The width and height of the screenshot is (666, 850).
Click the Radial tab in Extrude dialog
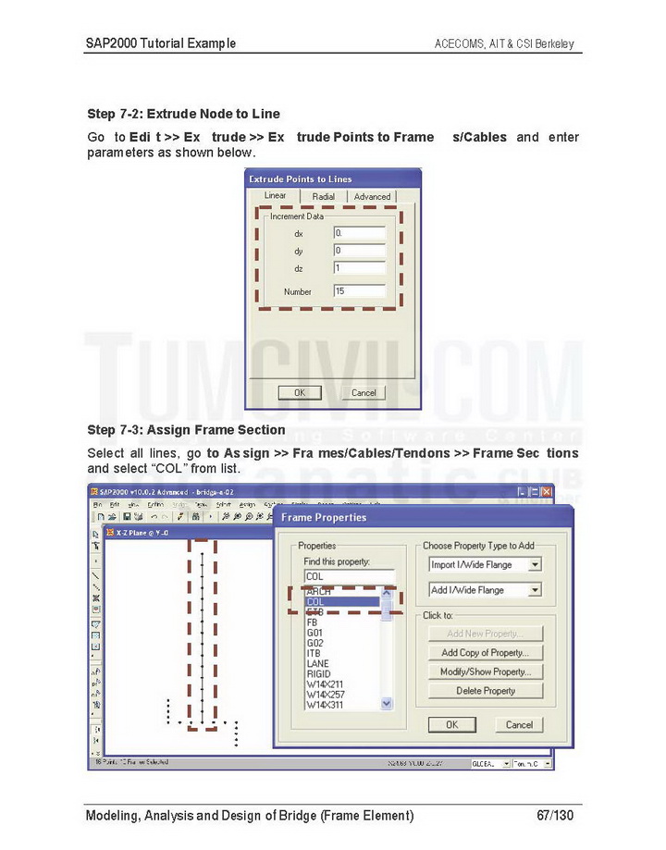click(324, 196)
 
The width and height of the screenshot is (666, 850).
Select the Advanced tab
click(372, 196)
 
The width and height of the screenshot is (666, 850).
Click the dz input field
click(359, 268)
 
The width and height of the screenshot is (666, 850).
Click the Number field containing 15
click(359, 291)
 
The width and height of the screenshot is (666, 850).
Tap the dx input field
click(359, 233)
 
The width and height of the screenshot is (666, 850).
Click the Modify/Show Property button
click(486, 671)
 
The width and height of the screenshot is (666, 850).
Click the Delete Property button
click(486, 691)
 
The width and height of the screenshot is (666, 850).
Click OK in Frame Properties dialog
click(451, 725)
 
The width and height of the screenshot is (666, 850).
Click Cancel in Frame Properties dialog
click(519, 725)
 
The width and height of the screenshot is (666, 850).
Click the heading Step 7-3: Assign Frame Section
click(186, 430)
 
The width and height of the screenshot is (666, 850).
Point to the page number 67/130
click(555, 816)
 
